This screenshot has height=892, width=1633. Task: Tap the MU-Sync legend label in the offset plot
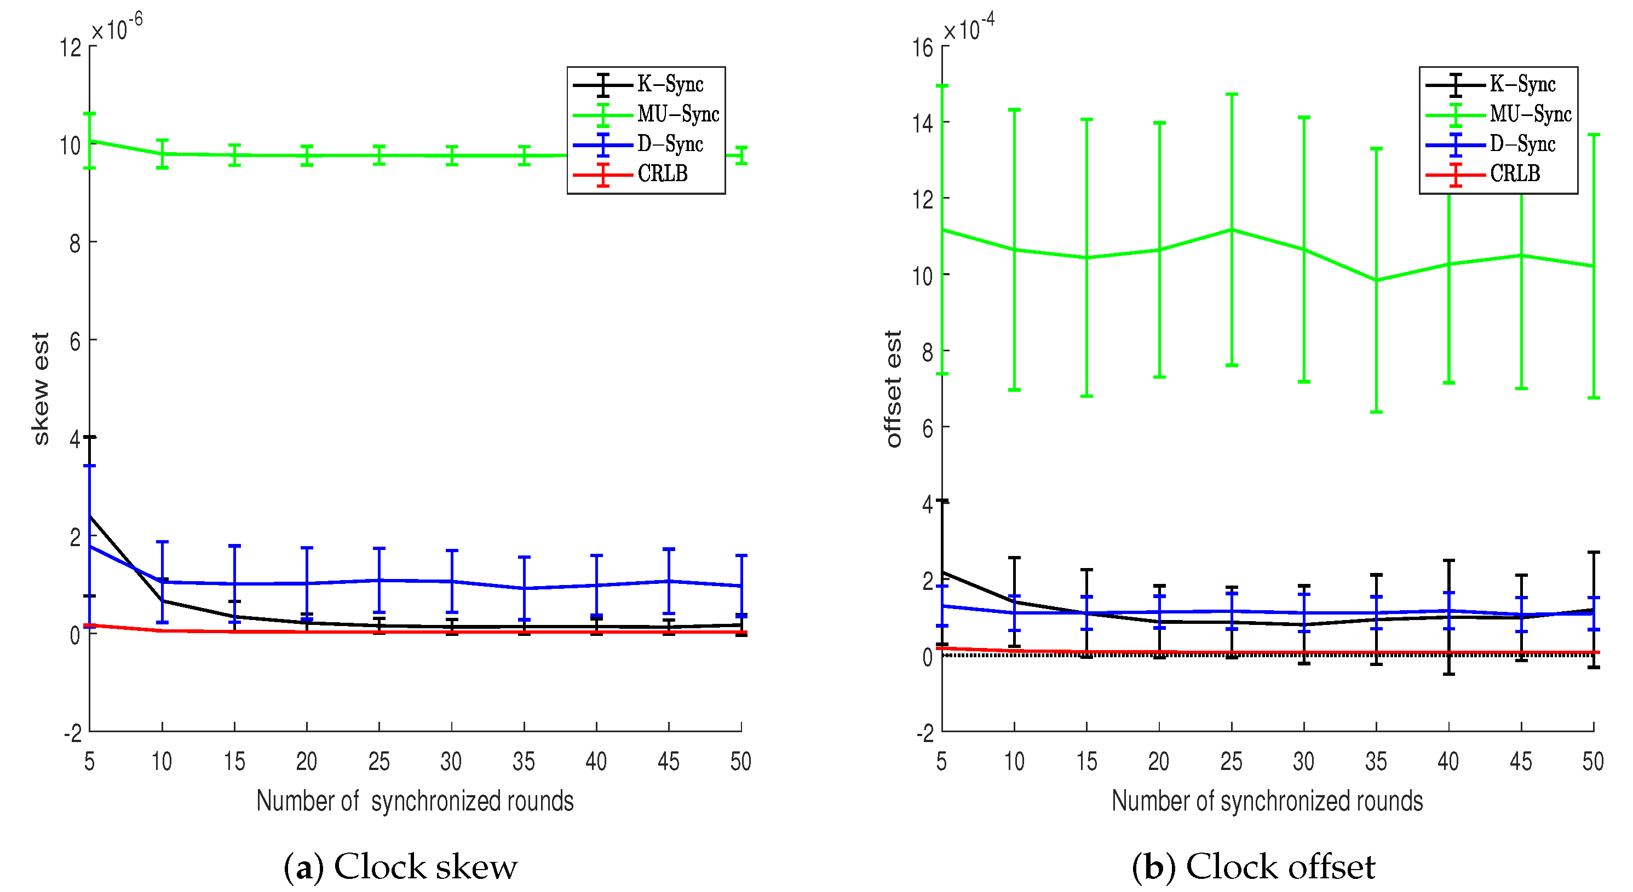(x=1530, y=114)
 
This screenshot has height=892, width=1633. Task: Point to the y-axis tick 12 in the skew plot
(x=70, y=48)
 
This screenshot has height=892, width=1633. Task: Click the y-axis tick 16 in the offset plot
(x=922, y=48)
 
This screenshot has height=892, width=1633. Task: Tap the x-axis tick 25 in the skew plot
(x=378, y=761)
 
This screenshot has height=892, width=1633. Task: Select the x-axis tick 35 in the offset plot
(x=1376, y=761)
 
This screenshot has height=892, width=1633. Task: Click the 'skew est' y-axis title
(x=40, y=389)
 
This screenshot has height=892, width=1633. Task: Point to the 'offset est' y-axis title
(x=893, y=389)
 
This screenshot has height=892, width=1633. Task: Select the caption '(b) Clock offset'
(x=1254, y=867)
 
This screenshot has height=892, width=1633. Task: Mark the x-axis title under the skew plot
(x=415, y=801)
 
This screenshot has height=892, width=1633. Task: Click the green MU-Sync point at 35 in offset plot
(x=1376, y=280)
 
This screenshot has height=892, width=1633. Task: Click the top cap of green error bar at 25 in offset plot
(x=1232, y=94)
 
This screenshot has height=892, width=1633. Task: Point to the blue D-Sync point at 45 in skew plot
(x=669, y=581)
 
